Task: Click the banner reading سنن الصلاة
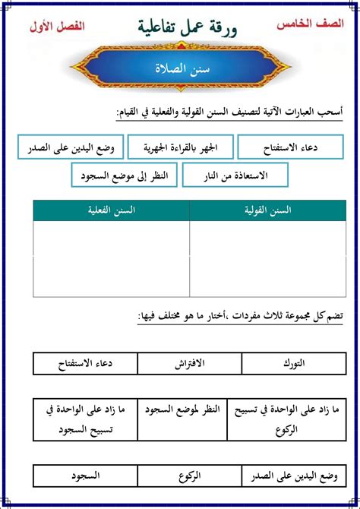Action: [x=180, y=68]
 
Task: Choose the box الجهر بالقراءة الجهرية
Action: [x=181, y=147]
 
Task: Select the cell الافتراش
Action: [x=181, y=364]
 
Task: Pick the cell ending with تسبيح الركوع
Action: [x=282, y=416]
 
